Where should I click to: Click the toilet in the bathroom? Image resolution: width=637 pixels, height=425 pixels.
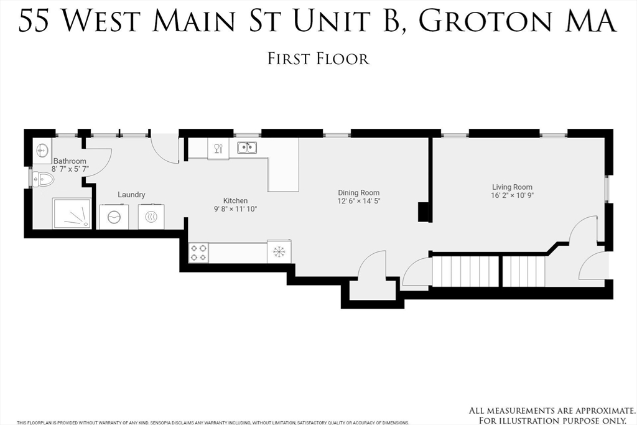44,180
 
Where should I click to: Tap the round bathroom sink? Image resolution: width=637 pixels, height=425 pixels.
42,151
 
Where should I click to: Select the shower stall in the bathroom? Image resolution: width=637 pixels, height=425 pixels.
72,213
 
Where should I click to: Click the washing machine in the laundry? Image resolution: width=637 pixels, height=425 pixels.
114,217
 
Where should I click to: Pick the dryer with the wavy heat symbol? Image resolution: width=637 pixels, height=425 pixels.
151,217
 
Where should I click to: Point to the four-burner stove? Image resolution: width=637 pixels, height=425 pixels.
198,253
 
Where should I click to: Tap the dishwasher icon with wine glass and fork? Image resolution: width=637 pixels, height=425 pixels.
218,148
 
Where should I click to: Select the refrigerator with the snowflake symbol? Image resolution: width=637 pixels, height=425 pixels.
279,251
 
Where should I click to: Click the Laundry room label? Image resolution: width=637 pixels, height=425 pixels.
131,194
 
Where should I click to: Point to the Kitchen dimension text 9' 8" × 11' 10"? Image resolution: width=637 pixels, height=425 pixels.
235,209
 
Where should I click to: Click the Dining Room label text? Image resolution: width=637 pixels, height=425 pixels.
358,193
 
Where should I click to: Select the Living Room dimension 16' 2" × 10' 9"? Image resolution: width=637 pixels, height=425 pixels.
512,195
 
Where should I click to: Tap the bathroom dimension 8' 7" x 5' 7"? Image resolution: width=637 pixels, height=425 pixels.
70,169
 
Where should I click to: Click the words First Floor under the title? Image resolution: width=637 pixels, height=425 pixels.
318,59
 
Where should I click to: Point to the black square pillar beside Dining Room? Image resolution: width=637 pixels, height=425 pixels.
425,212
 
